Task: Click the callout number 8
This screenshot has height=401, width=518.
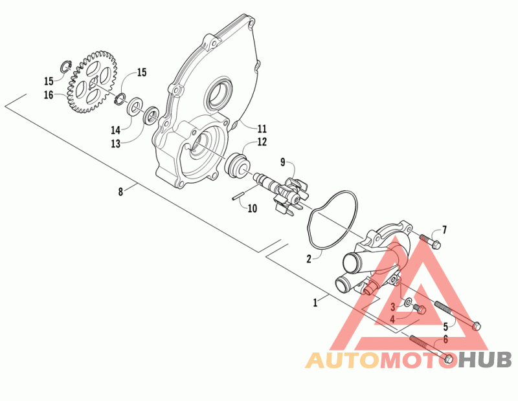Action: point(120,191)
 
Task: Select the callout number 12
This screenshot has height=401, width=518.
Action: point(243,142)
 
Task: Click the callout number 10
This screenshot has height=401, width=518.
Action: point(252,208)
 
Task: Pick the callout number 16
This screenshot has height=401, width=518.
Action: point(49,95)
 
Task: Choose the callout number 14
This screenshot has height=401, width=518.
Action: point(115,129)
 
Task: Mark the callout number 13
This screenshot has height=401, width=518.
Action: point(115,143)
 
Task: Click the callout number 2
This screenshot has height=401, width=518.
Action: point(310,258)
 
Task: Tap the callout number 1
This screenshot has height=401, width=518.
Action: point(315,301)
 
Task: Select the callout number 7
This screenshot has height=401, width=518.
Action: point(444,230)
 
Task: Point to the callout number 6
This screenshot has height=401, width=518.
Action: point(445,339)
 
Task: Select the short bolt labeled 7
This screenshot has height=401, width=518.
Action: point(431,241)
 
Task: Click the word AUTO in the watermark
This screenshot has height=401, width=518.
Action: point(341,361)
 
